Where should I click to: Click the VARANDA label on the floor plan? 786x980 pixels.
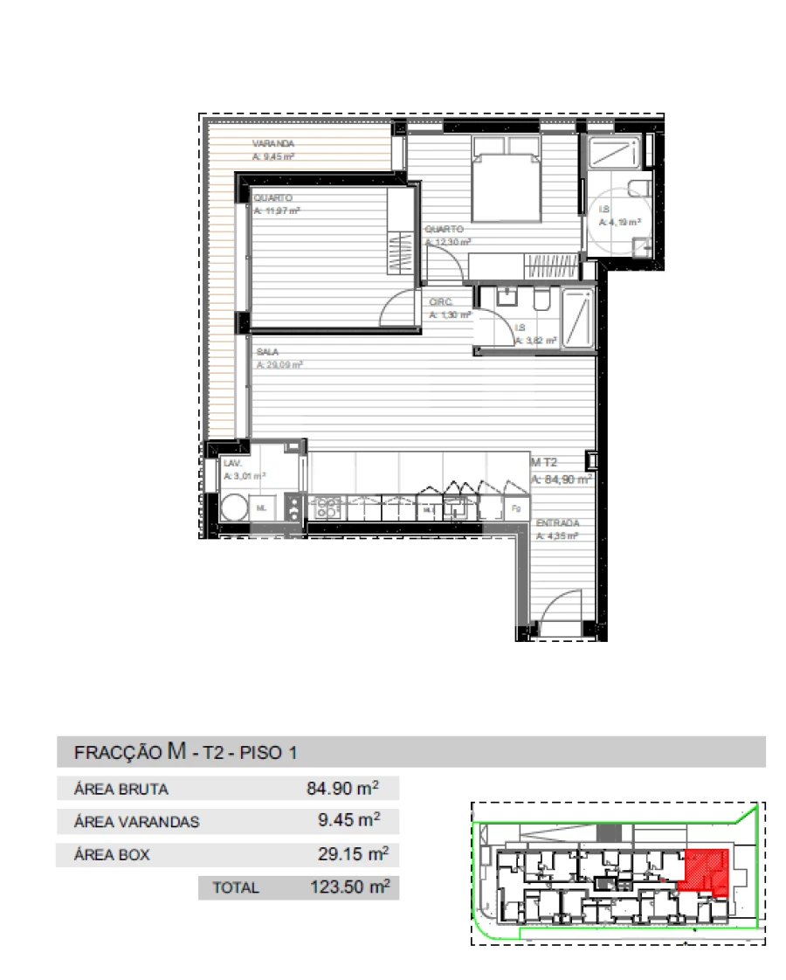tap(273, 143)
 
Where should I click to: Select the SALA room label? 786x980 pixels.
tap(267, 352)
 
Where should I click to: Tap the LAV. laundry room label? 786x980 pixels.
tap(232, 464)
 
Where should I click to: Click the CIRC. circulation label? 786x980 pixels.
tap(439, 302)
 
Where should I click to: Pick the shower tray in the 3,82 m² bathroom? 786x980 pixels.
tap(577, 318)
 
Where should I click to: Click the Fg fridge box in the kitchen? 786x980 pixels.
tap(516, 507)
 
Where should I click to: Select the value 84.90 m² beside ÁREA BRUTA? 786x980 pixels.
tap(342, 789)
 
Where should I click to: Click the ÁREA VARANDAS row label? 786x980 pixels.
tap(137, 822)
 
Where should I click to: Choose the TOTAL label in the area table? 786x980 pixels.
tap(236, 887)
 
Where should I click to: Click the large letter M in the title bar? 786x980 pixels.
tap(177, 750)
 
